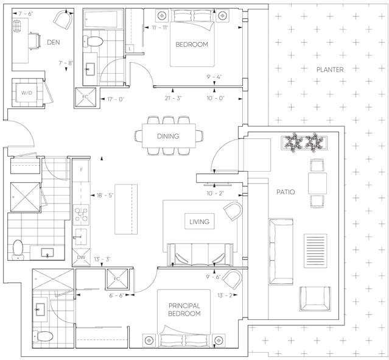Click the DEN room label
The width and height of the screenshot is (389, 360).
point(54,42)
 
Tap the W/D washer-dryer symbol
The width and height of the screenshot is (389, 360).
point(27,93)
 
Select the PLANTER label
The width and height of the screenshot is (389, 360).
point(330,69)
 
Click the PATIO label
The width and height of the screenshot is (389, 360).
point(286,192)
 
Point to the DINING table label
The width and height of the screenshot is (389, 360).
point(168,136)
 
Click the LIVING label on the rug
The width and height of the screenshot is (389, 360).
point(200,222)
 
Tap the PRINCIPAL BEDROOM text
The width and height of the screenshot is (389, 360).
point(184,309)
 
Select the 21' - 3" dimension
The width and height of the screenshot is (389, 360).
point(173,98)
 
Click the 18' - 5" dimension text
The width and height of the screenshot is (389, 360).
point(105,196)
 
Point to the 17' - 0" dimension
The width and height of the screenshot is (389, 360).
point(116,99)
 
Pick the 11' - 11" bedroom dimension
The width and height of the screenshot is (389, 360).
point(160,27)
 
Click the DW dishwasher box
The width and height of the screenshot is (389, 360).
point(81,258)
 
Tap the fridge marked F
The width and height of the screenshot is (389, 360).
point(81,170)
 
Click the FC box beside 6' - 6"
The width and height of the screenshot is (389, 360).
point(117,279)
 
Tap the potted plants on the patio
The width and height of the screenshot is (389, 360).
point(304,143)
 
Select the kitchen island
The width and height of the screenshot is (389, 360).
point(126,209)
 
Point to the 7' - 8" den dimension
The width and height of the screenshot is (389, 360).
point(66,63)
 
